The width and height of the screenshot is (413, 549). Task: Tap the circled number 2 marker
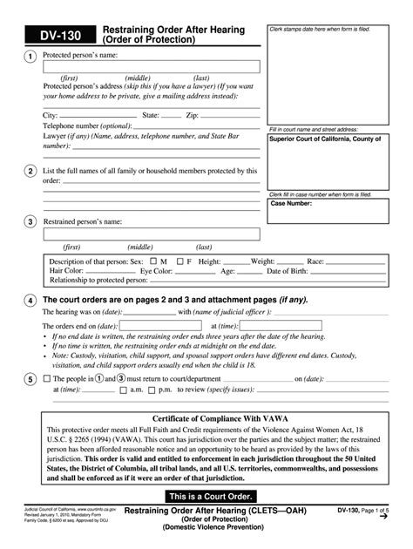tap(30, 172)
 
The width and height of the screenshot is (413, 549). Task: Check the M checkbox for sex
tap(152, 261)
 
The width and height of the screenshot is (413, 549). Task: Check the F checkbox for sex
tap(179, 261)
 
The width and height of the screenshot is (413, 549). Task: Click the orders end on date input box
tap(166, 325)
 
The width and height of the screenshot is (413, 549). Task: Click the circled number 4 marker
tap(30, 301)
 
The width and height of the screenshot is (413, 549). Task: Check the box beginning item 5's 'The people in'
tap(46, 379)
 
